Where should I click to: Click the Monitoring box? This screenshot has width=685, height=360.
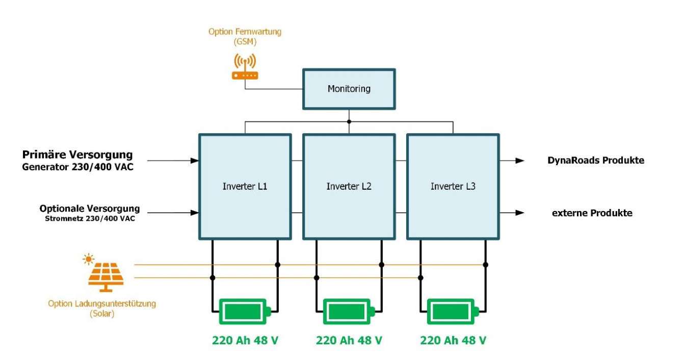349,89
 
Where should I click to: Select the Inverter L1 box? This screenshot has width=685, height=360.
245,187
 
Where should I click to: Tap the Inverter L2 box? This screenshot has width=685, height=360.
349,187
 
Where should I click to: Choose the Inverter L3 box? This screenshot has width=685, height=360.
453,187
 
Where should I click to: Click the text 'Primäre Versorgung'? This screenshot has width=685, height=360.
77,155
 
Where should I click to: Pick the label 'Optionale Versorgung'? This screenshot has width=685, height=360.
89,209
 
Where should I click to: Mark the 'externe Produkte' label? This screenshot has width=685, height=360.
592,213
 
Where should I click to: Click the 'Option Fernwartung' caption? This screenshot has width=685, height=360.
245,32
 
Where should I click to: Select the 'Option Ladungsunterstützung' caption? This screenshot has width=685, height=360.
102,304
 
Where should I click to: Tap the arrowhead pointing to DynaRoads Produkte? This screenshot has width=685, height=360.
519,161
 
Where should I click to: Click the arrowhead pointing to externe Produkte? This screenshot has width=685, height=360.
519,213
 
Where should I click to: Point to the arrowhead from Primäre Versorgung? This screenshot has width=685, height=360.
194,161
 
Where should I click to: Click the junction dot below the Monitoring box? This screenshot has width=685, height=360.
349,122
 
